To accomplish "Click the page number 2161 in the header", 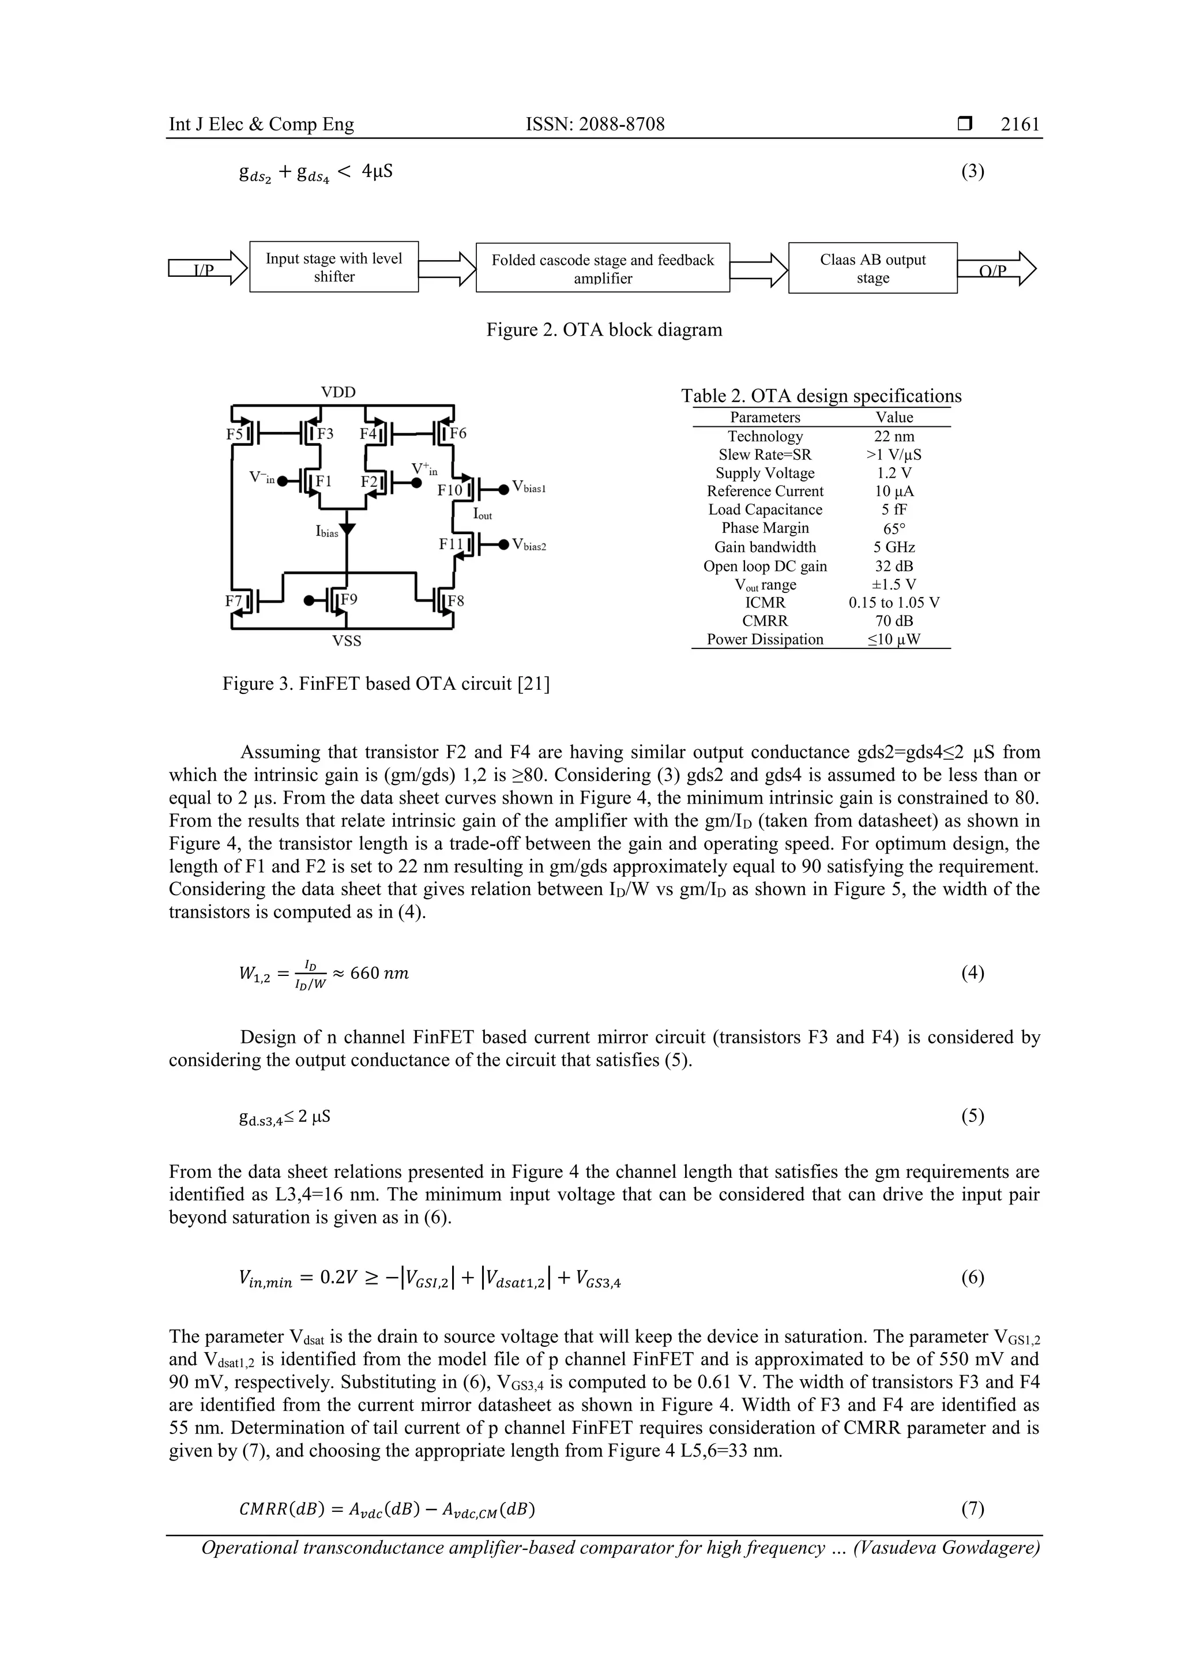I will pos(1020,125).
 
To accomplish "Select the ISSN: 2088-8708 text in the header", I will pos(595,125).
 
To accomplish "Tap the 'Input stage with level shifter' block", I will pos(333,267).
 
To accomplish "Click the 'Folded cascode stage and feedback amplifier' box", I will pos(603,268).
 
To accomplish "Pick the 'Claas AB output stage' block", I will pos(872,268).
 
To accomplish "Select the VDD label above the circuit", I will pos(338,392).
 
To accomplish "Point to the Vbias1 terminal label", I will pos(528,487).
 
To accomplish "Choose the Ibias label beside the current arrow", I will pos(327,532).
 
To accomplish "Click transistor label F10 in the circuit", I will pos(449,490).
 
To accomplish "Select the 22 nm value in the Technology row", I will pos(894,437).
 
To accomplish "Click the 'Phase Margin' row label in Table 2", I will pos(765,528).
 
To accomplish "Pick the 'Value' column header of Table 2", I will pos(894,418).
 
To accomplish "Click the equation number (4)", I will pos(972,974).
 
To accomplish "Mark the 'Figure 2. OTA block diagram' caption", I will pos(604,331).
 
